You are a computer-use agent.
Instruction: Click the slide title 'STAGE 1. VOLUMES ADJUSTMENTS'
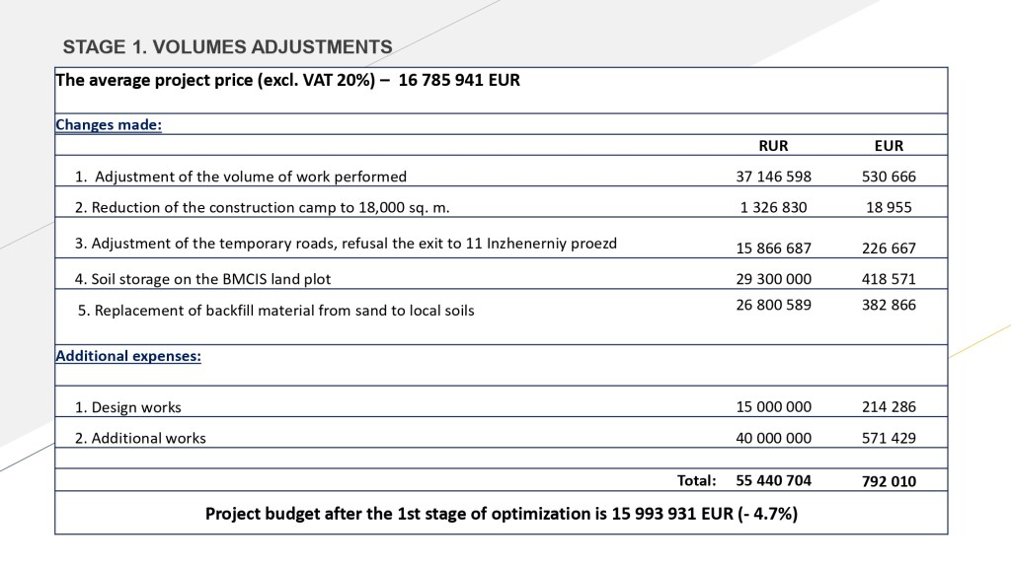coord(227,47)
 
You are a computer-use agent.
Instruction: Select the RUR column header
coord(773,146)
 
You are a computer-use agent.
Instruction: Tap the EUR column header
coord(889,146)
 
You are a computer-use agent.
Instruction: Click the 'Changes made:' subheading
coord(109,125)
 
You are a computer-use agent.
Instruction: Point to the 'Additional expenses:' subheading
coord(128,355)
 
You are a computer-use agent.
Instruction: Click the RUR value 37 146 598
coord(773,177)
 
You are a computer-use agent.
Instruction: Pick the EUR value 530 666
coord(889,177)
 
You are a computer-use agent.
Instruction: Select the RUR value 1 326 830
coord(773,207)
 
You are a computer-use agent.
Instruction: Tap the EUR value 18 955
coord(889,207)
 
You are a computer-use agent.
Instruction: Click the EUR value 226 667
coord(889,248)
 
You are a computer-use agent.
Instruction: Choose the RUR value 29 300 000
coord(773,279)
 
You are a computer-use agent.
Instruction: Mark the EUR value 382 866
coord(889,305)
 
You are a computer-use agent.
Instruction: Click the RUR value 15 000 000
coord(773,406)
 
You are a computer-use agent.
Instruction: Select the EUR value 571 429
coord(889,438)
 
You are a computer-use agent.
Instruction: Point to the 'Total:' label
coord(696,481)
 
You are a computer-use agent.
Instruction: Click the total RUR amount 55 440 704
coord(773,481)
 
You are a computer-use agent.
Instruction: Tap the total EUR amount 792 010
coord(889,482)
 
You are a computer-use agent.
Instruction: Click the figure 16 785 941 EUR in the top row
coord(458,81)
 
